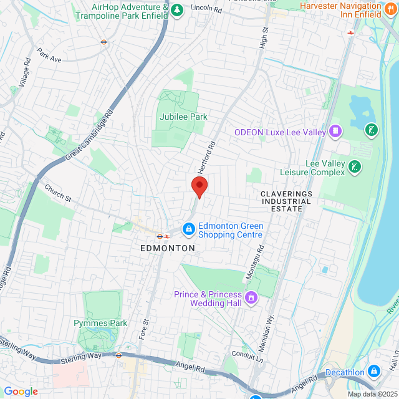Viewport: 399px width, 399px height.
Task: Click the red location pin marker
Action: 199,186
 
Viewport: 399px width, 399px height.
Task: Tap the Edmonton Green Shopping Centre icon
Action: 188,230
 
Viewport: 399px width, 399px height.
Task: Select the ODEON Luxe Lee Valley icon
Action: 335,132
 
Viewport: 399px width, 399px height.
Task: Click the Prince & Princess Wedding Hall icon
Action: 251,298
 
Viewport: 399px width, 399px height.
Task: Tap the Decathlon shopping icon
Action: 374,372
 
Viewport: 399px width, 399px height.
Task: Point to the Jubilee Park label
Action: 182,117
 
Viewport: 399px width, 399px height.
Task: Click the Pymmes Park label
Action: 100,323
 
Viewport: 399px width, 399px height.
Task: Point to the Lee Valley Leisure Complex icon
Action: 355,166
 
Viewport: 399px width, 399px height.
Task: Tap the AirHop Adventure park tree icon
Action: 177,9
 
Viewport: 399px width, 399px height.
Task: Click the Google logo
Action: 20,391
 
